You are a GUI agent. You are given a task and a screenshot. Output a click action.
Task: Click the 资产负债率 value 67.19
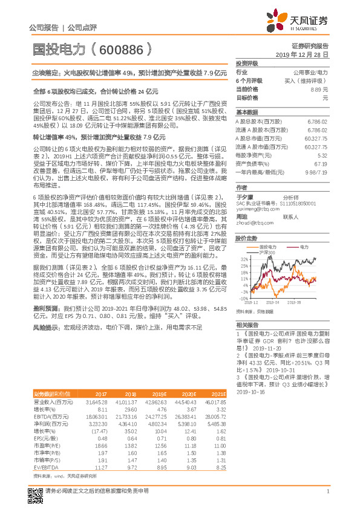tap(321, 164)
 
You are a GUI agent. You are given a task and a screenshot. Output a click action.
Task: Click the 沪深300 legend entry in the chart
tap(267, 251)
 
